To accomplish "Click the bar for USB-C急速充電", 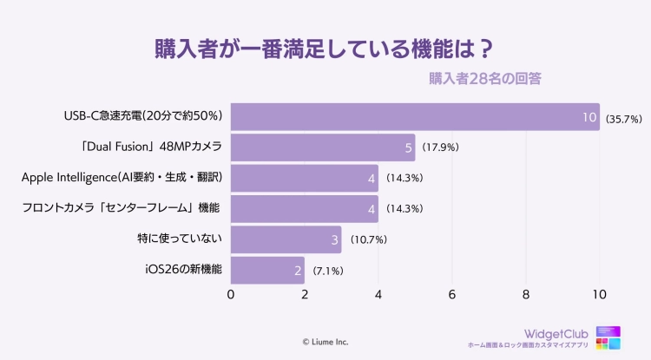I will click(x=415, y=116).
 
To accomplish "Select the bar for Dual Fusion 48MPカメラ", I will click(x=322, y=147).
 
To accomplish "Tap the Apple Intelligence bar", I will click(x=304, y=178).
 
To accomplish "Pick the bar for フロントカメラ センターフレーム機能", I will click(x=304, y=208).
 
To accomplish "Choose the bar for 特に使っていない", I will click(x=286, y=239).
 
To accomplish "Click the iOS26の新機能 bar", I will click(x=267, y=270).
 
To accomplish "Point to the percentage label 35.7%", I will click(x=623, y=117).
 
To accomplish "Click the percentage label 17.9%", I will click(x=440, y=147).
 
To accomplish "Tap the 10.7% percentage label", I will click(x=368, y=239).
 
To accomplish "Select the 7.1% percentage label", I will click(x=328, y=271).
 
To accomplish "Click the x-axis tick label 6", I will click(x=452, y=295).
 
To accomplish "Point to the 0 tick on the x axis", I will click(x=231, y=295).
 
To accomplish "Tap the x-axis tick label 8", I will click(x=526, y=295).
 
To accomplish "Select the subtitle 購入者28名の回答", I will click(x=485, y=79).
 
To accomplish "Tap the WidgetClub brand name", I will click(x=556, y=333).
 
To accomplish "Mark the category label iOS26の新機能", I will click(x=183, y=270).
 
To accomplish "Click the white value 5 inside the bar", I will click(x=408, y=147).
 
